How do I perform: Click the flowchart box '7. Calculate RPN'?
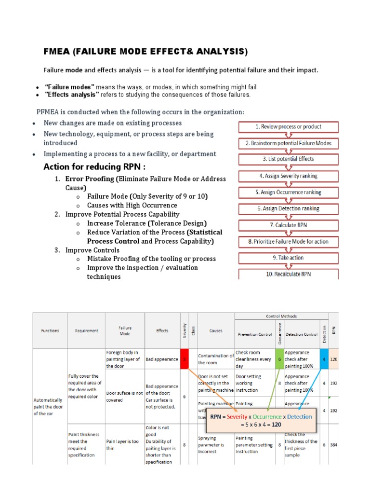click(289, 225)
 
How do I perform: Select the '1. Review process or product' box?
click(289, 127)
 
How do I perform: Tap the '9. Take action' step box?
click(289, 258)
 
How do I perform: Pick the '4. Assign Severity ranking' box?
click(289, 176)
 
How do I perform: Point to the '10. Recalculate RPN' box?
click(289, 274)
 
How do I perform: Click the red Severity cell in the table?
click(184, 358)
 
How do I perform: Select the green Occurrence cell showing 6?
click(279, 358)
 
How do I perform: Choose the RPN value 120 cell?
click(333, 359)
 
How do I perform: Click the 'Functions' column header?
click(50, 330)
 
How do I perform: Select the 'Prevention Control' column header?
click(255, 334)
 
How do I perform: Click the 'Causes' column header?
click(215, 330)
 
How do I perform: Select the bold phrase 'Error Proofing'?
click(90, 179)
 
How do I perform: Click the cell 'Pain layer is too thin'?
click(124, 444)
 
